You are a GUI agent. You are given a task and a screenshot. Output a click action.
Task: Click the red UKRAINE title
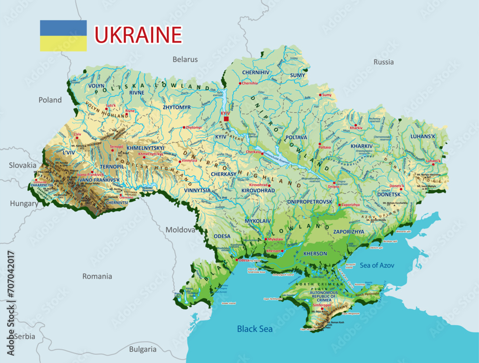pos(138,35)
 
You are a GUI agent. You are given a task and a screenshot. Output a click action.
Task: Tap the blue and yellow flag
pos(63,35)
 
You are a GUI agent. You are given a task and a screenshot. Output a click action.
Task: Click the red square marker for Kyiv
pos(227,118)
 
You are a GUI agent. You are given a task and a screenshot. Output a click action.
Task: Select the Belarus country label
pos(185,59)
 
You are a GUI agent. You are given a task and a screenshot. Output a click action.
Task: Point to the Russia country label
pos(383,62)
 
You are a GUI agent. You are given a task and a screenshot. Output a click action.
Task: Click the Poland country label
pos(50,100)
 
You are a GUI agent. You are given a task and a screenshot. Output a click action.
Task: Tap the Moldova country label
pos(181,230)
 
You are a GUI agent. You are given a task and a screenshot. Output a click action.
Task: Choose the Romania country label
pos(97,276)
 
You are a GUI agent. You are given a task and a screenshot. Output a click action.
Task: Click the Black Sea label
pos(255,329)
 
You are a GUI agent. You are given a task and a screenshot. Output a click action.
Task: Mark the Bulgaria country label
pos(143,349)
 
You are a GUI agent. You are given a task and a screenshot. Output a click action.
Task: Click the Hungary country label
pos(24,204)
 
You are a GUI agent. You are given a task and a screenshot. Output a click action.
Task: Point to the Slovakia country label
pos(23,165)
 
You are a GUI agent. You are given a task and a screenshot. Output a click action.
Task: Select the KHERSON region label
pos(315,253)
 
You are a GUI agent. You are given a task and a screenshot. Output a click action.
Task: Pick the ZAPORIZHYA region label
pos(348,232)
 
